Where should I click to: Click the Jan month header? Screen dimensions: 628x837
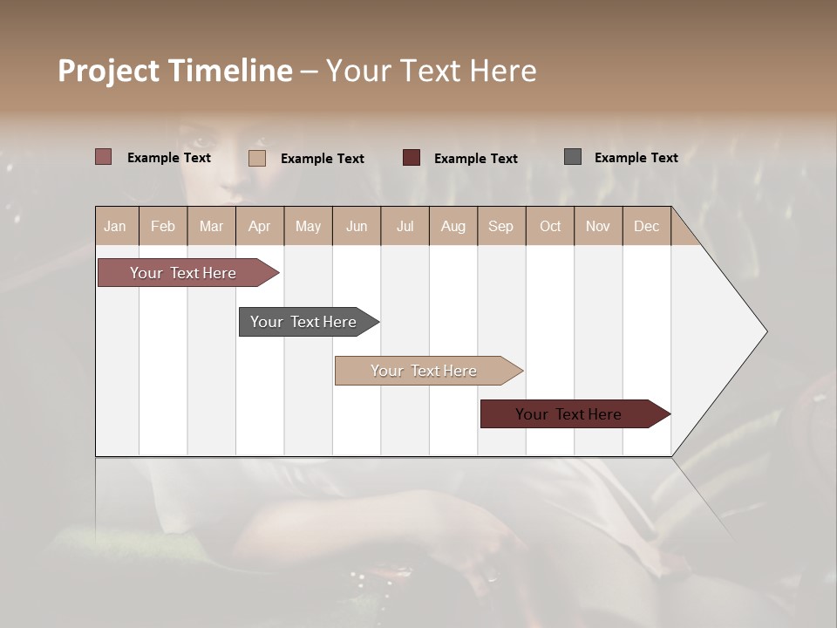tap(115, 227)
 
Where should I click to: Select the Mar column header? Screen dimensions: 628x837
tap(211, 227)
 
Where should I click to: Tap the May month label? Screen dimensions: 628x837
tap(308, 227)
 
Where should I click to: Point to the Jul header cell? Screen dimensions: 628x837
tap(405, 227)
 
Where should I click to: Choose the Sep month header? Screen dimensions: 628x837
tap(500, 227)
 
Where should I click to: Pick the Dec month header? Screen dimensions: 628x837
tap(646, 227)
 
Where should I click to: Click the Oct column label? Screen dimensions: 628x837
tap(550, 227)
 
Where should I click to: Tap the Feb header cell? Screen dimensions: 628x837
tap(163, 227)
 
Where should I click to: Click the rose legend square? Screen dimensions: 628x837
tap(103, 157)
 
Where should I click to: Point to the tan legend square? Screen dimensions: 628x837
tap(256, 158)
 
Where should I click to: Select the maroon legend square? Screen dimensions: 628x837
tap(412, 157)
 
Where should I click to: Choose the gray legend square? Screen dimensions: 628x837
tap(572, 157)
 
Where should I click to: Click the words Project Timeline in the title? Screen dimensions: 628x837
tap(175, 71)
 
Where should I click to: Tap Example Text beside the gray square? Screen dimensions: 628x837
tap(636, 158)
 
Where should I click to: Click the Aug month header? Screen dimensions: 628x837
tap(453, 227)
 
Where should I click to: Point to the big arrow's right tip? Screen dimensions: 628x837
tap(765, 331)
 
